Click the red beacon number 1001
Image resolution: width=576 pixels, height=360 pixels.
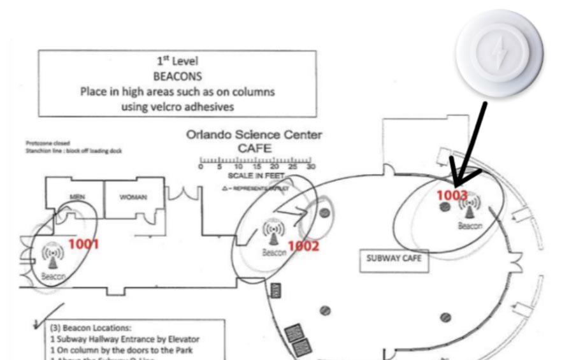pos(83,243)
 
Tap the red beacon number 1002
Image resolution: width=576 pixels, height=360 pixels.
pos(303,246)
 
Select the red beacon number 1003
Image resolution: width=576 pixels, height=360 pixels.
pos(452,195)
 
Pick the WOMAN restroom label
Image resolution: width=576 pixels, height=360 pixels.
pos(133,197)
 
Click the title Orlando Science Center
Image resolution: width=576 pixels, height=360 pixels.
pos(254,135)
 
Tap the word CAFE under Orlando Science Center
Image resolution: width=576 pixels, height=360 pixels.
pos(254,148)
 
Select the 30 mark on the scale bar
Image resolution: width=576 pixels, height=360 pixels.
pos(310,167)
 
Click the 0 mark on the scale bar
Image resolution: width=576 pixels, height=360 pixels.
pos(201,167)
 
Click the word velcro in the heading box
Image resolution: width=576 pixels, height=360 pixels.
pos(172,106)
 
